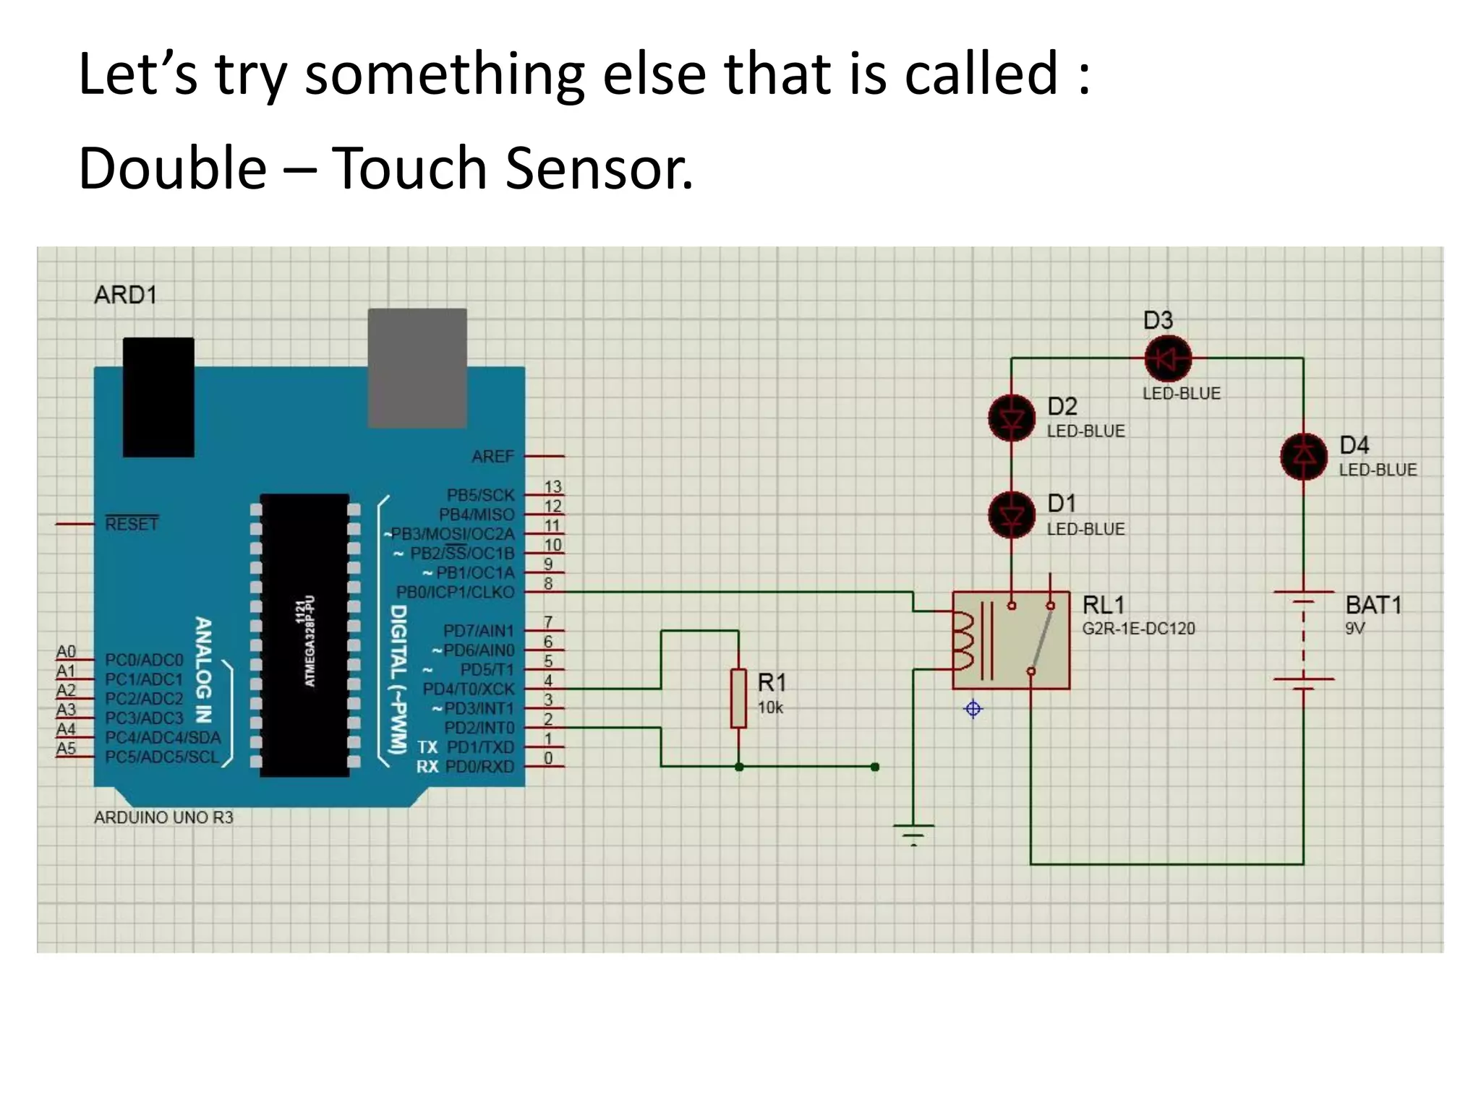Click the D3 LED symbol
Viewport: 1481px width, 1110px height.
[x=1167, y=358]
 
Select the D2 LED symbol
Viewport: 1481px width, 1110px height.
[x=1011, y=418]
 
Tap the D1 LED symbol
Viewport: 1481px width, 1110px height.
[x=1011, y=515]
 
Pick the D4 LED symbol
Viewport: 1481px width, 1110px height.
[x=1303, y=456]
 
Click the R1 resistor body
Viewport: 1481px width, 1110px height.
[x=738, y=698]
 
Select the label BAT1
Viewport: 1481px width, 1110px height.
[x=1373, y=605]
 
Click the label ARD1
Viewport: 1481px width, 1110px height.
[x=125, y=295]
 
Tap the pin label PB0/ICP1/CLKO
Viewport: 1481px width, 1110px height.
[x=455, y=593]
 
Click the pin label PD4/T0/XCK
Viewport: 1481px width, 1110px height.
[x=468, y=689]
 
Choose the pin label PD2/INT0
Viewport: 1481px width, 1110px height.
[x=479, y=728]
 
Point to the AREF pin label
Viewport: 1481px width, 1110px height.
[x=492, y=457]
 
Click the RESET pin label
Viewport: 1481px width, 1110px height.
[x=132, y=524]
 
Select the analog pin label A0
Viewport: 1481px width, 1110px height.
[x=66, y=652]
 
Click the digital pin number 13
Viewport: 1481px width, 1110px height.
[x=552, y=487]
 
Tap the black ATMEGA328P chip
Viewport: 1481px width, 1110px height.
[x=304, y=636]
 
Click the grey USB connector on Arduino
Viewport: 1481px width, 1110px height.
[x=417, y=368]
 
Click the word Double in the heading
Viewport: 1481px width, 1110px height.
[x=172, y=168]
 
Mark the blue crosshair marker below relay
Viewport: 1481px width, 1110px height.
[x=973, y=709]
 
